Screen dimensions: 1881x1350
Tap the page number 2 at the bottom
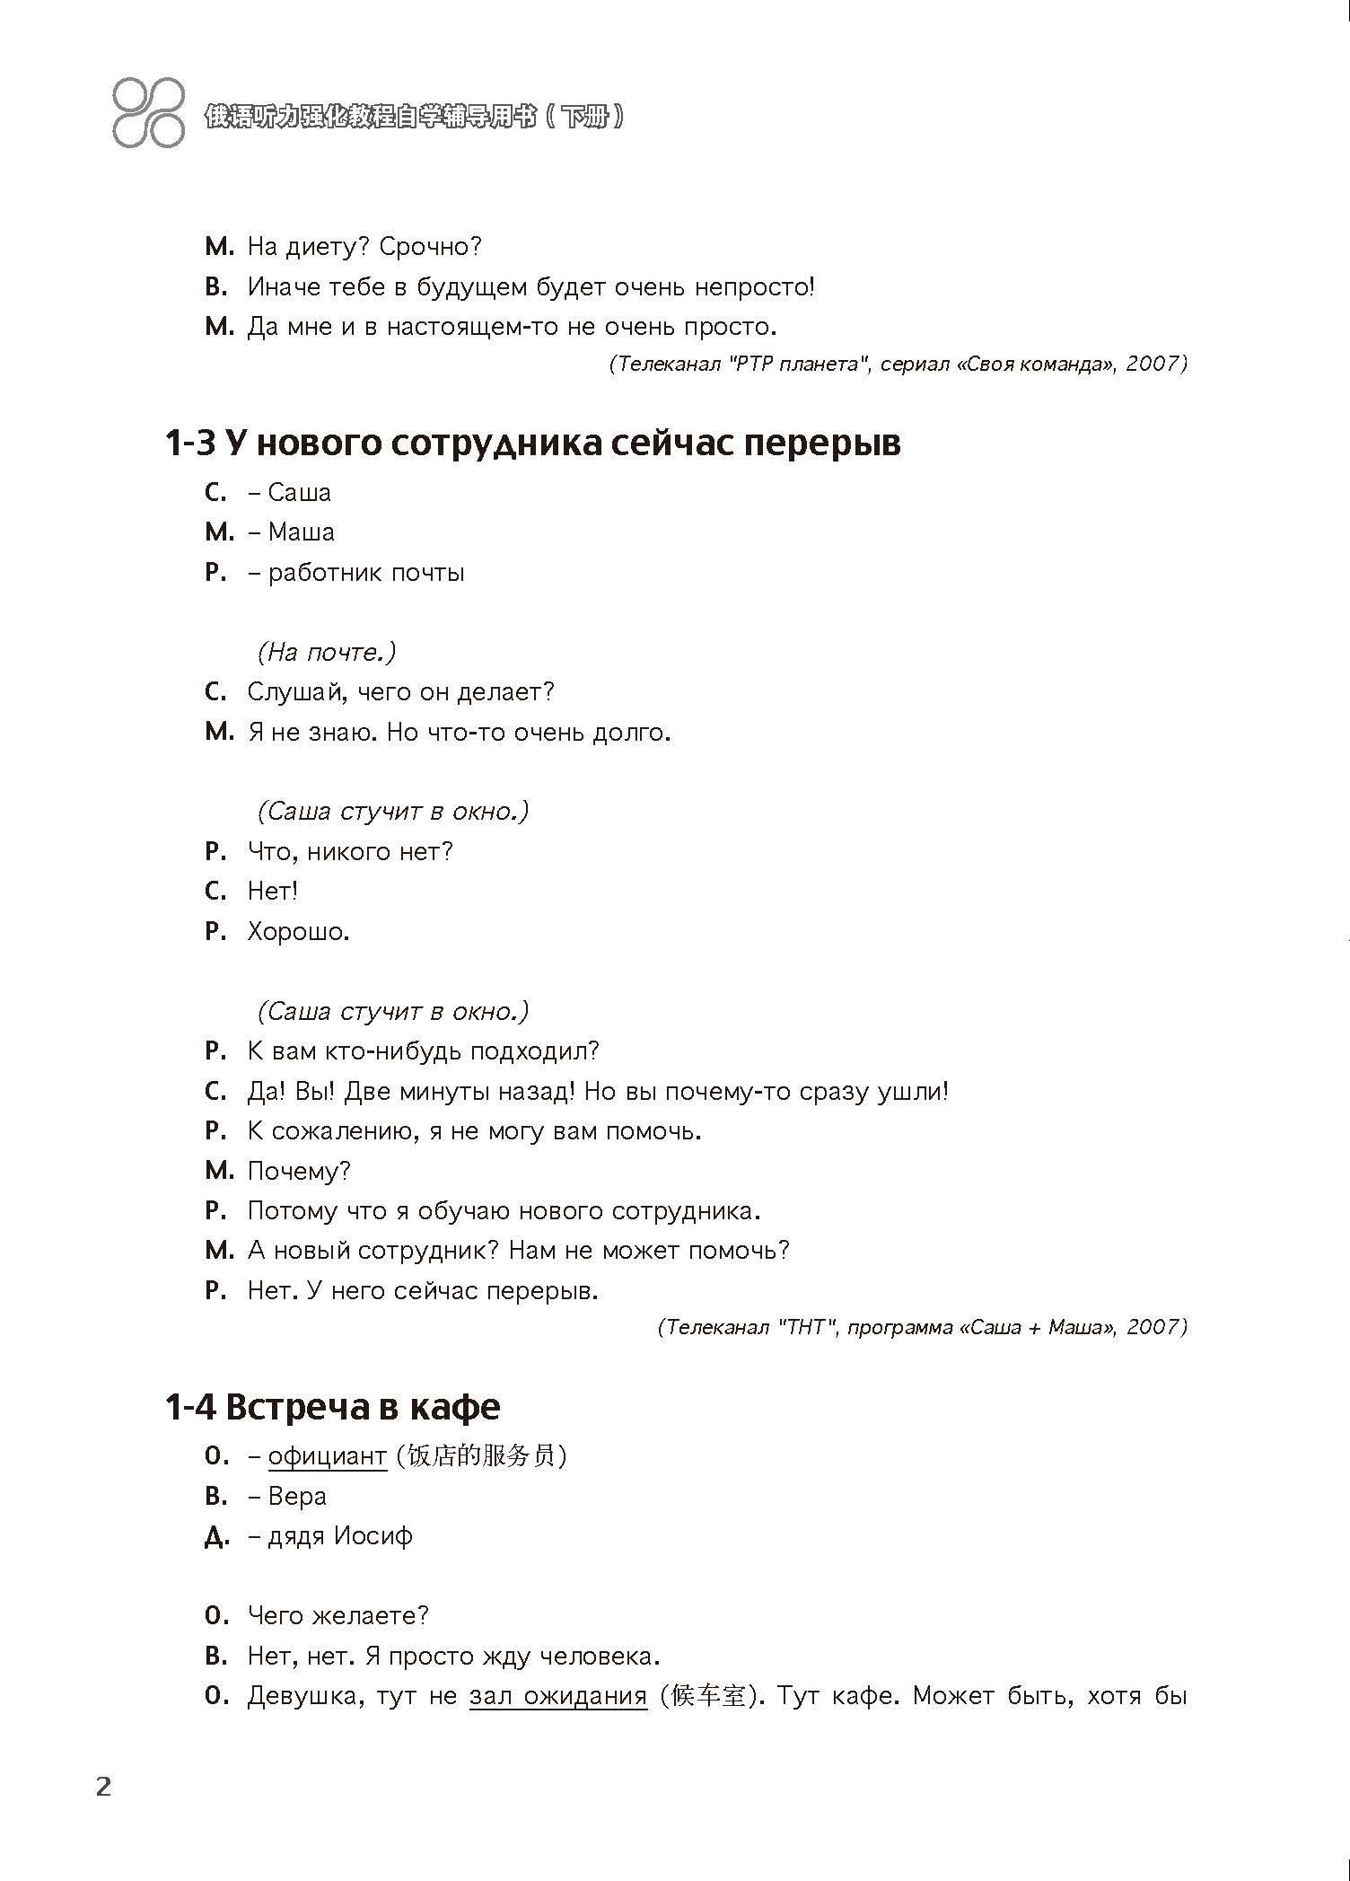[104, 1786]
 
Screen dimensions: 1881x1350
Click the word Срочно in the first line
[430, 246]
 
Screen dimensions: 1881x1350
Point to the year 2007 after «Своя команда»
[1156, 364]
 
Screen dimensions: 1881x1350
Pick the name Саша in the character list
[299, 492]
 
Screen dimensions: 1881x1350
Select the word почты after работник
[426, 573]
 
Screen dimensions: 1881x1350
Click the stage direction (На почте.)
[326, 652]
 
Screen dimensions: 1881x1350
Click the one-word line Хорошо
[298, 932]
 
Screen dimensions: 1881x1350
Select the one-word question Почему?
[299, 1171]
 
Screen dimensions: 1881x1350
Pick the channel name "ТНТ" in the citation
[805, 1327]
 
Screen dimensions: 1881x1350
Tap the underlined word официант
[327, 1455]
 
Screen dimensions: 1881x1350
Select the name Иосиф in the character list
[373, 1535]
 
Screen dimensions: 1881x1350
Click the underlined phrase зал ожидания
[557, 1696]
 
